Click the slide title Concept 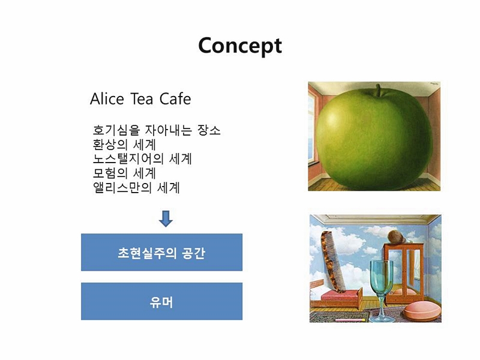tap(240, 46)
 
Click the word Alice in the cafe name tap(107, 99)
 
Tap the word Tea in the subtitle tap(142, 99)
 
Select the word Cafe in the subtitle tap(175, 99)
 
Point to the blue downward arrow tap(166, 218)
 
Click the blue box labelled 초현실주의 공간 tap(161, 252)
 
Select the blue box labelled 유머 tap(161, 301)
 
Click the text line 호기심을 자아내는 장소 tap(157, 130)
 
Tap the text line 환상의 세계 tap(124, 145)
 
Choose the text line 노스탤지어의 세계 tap(142, 159)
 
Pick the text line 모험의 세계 tap(124, 173)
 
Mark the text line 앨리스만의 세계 tap(136, 188)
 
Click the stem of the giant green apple tap(379, 90)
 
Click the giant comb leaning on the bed tap(333, 262)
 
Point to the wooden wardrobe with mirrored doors tap(404, 273)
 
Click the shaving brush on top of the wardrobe tap(397, 237)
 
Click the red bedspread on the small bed tap(337, 295)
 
